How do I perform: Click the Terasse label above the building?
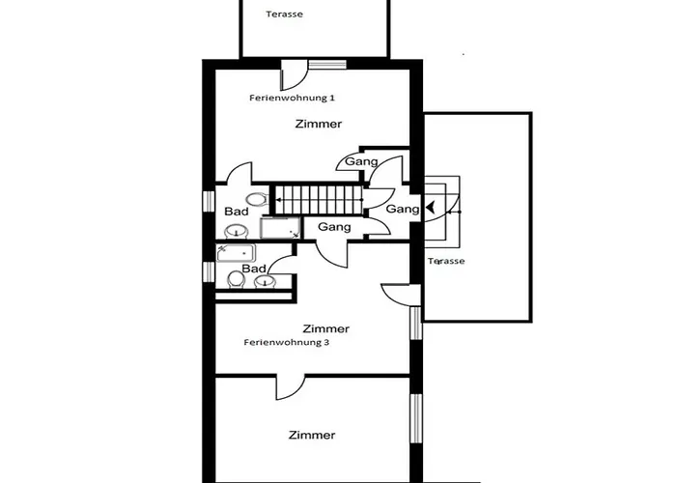coord(285,14)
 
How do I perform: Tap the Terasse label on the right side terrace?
coord(446,261)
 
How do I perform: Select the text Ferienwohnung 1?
coord(292,98)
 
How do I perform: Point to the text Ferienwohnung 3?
coord(287,342)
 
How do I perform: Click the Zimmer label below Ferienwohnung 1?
coord(319,124)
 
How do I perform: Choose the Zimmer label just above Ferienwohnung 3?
coord(326,328)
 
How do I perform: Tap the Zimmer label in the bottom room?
coord(312,435)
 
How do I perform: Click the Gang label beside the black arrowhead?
coord(403,210)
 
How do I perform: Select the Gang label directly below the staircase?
coord(334,227)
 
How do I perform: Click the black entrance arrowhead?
coord(431,208)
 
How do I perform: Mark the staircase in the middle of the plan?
coord(318,200)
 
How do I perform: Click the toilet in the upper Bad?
coord(257,200)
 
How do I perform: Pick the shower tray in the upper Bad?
coord(280,228)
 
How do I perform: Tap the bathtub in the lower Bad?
coord(236,253)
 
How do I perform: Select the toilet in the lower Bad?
coord(237,279)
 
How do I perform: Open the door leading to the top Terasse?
coord(294,75)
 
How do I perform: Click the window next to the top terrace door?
coord(327,65)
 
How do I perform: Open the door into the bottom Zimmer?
coord(290,386)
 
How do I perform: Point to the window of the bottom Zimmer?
coord(416,418)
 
